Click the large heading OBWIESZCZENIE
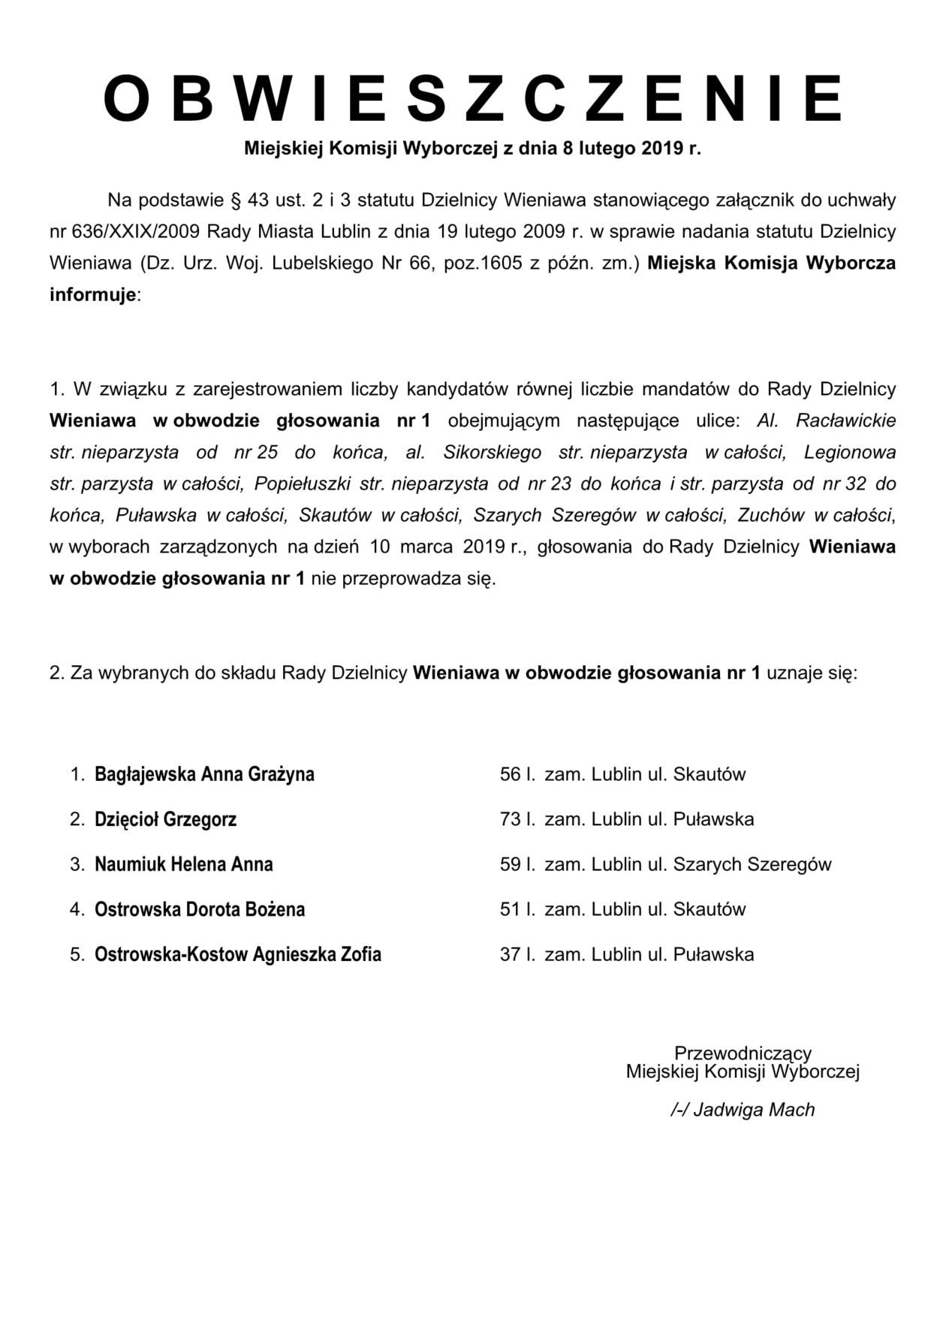pyautogui.click(x=473, y=98)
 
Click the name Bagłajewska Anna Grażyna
pyautogui.click(x=204, y=774)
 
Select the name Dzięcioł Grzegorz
pyautogui.click(x=165, y=819)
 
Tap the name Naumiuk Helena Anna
pyautogui.click(x=183, y=864)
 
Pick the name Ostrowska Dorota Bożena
pyautogui.click(x=200, y=909)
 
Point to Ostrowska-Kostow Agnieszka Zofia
pyautogui.click(x=237, y=954)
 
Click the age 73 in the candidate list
pyautogui.click(x=511, y=819)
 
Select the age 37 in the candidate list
pyautogui.click(x=511, y=954)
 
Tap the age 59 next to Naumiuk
pyautogui.click(x=511, y=864)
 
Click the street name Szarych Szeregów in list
pyautogui.click(x=752, y=864)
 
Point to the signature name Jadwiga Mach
pyautogui.click(x=753, y=1110)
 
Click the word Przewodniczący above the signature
pyautogui.click(x=743, y=1053)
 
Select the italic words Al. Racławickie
pyautogui.click(x=826, y=420)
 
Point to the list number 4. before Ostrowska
pyautogui.click(x=77, y=909)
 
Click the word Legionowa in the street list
pyautogui.click(x=850, y=452)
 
